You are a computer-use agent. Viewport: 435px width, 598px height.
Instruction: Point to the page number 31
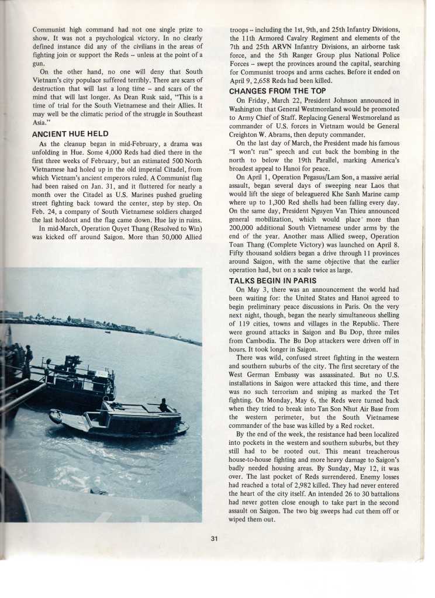[214, 540]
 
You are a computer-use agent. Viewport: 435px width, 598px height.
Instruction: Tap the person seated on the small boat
[163, 405]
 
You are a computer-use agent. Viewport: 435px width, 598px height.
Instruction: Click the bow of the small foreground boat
[56, 416]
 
